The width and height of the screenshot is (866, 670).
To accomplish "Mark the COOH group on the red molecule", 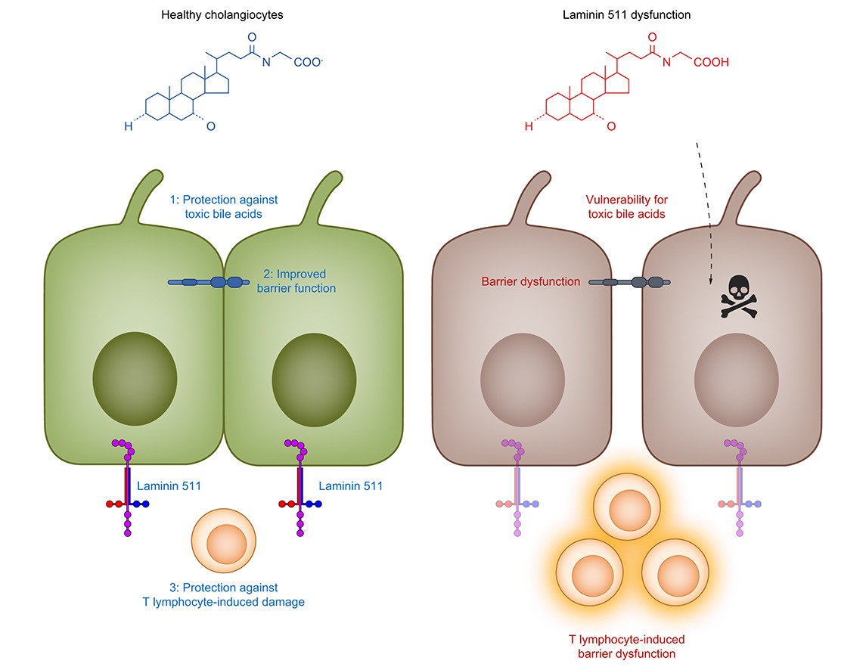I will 709,63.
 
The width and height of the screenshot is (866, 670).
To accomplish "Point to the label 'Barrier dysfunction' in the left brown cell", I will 531,281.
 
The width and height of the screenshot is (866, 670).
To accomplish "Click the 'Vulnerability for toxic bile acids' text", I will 626,206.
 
